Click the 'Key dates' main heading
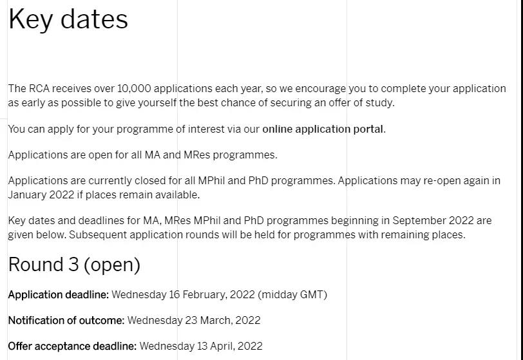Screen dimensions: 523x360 pos(68,20)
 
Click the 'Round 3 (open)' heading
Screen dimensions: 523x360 pos(74,265)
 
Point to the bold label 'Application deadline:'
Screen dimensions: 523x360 pos(59,294)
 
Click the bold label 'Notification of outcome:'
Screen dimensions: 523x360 pos(66,320)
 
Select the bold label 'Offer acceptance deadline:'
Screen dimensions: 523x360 pos(72,346)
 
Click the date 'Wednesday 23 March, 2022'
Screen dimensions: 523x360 pos(194,321)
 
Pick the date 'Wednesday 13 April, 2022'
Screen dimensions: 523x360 pos(201,346)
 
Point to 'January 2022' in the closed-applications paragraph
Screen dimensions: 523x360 pos(41,195)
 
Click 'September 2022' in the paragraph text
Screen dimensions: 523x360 pos(433,220)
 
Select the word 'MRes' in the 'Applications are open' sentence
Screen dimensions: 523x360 pos(196,155)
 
